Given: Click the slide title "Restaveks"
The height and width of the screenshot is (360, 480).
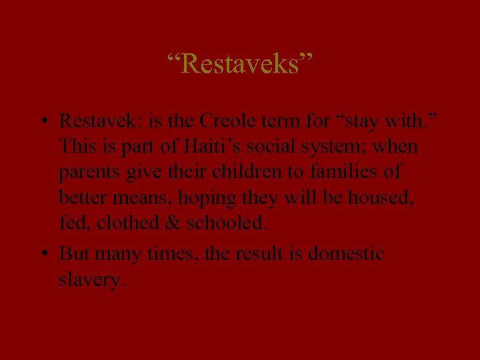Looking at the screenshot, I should pos(240,65).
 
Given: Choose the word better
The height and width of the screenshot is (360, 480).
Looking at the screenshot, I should pos(83,197).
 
